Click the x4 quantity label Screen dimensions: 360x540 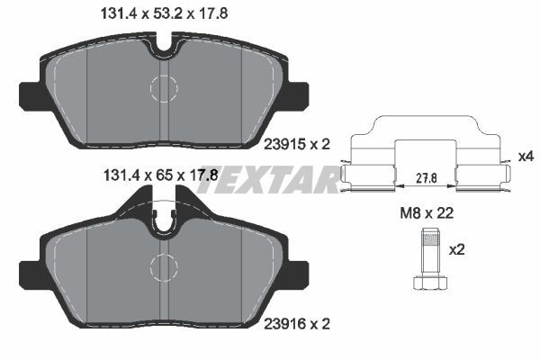[x=526, y=157]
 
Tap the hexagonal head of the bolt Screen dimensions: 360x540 [x=429, y=283]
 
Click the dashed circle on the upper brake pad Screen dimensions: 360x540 [x=164, y=88]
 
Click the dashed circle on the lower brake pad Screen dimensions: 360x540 [x=164, y=266]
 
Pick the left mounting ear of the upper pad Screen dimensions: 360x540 [x=29, y=94]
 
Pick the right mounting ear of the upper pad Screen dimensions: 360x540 [x=298, y=94]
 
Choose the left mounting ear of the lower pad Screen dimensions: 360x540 [x=29, y=273]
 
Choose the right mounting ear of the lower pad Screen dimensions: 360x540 [x=298, y=273]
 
